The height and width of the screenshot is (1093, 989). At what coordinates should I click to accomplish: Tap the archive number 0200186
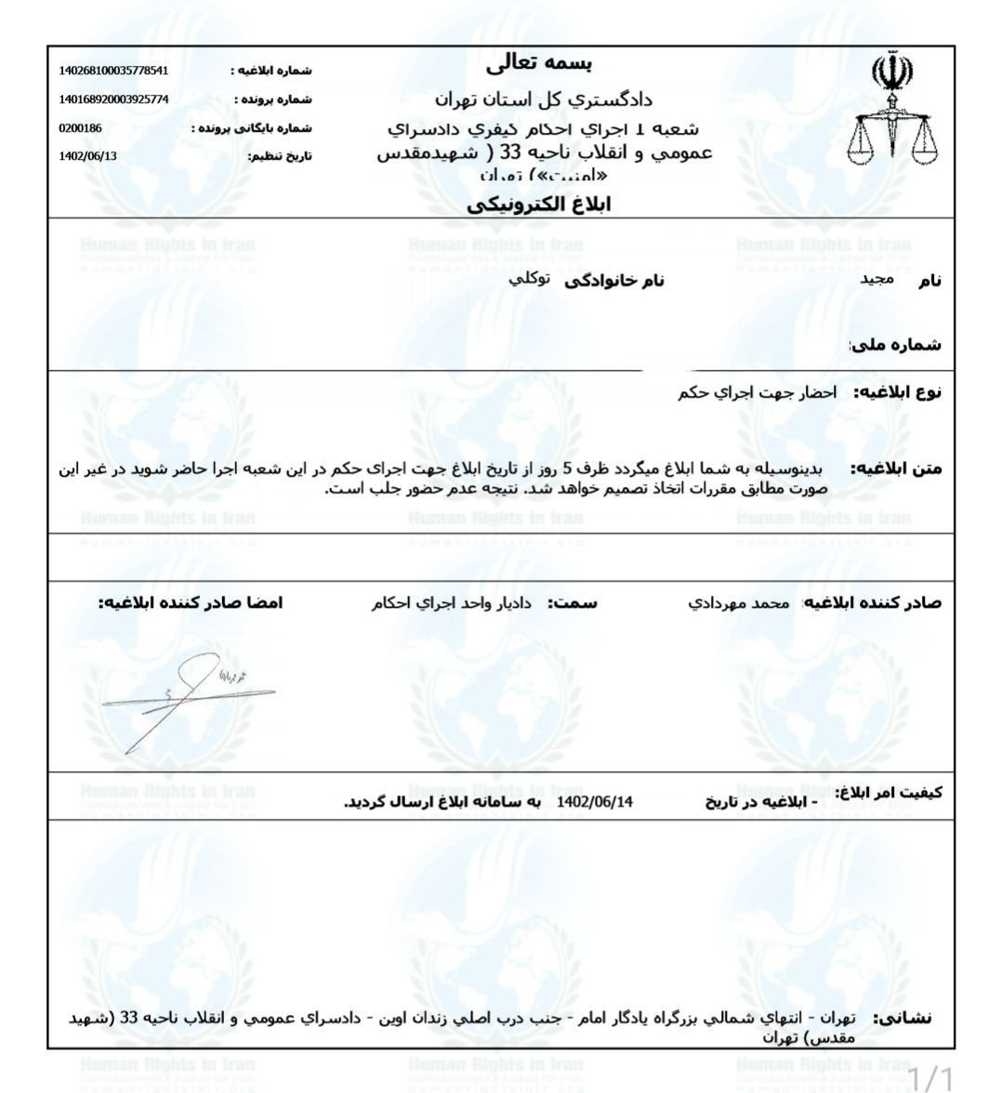(x=79, y=128)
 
